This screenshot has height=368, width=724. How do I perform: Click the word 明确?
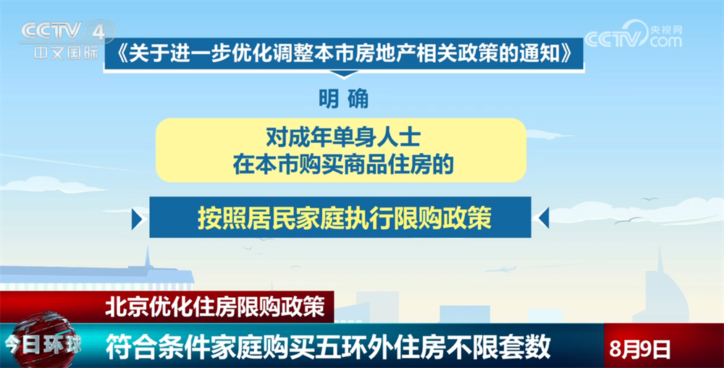pyautogui.click(x=343, y=98)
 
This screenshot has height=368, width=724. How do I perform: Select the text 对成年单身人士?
pyautogui.click(x=343, y=137)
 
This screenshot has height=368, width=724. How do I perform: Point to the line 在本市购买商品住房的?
pyautogui.click(x=343, y=164)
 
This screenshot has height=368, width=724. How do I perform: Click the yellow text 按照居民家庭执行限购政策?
pyautogui.click(x=344, y=217)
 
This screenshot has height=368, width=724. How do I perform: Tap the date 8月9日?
pyautogui.click(x=639, y=349)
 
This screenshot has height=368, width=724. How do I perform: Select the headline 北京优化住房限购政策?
pyautogui.click(x=215, y=307)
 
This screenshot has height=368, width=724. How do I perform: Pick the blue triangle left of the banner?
pyautogui.click(x=137, y=218)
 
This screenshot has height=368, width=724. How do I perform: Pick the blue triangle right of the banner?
pyautogui.click(x=544, y=218)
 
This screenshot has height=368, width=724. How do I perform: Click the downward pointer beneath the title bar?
pyautogui.click(x=344, y=74)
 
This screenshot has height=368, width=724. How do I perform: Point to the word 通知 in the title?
pyautogui.click(x=543, y=54)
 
